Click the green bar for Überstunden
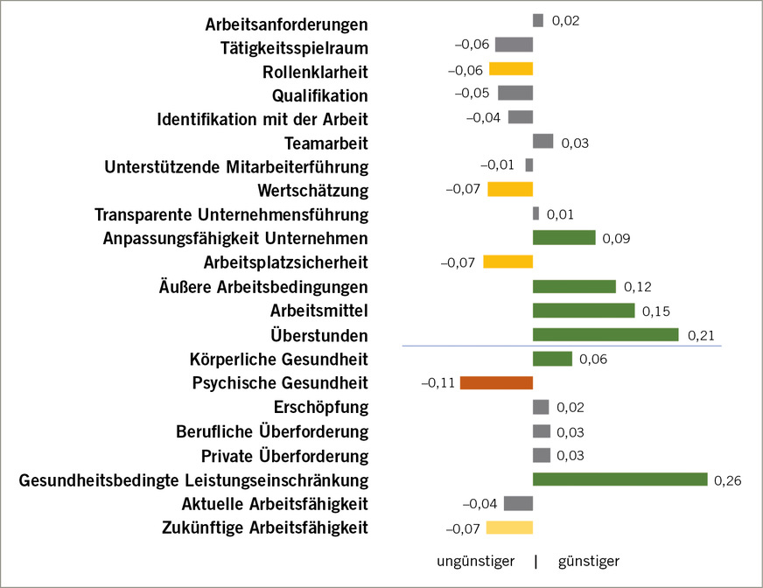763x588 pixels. pyautogui.click(x=605, y=334)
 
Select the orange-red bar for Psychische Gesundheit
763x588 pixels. pyautogui.click(x=496, y=382)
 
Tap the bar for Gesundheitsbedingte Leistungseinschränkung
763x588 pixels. pyautogui.click(x=619, y=479)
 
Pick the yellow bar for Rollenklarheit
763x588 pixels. pyautogui.click(x=511, y=69)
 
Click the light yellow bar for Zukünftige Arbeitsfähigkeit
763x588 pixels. pyautogui.click(x=509, y=527)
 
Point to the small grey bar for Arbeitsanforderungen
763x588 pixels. pyautogui.click(x=538, y=20)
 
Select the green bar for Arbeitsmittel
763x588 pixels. pyautogui.click(x=584, y=310)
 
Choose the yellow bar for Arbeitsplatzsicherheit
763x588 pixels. pyautogui.click(x=508, y=262)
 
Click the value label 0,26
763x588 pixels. pyautogui.click(x=728, y=479)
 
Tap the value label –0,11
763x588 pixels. pyautogui.click(x=437, y=382)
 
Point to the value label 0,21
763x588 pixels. pyautogui.click(x=701, y=334)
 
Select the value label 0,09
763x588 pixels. pyautogui.click(x=617, y=238)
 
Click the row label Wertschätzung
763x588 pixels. pyautogui.click(x=313, y=190)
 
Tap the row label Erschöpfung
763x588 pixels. pyautogui.click(x=321, y=407)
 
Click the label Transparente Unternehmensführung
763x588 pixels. pyautogui.click(x=231, y=213)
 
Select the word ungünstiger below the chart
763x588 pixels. pyautogui.click(x=475, y=561)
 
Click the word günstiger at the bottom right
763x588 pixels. pyautogui.click(x=588, y=561)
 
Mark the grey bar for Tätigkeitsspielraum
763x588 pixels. pyautogui.click(x=514, y=45)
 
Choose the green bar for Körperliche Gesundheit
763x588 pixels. pyautogui.click(x=552, y=359)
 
